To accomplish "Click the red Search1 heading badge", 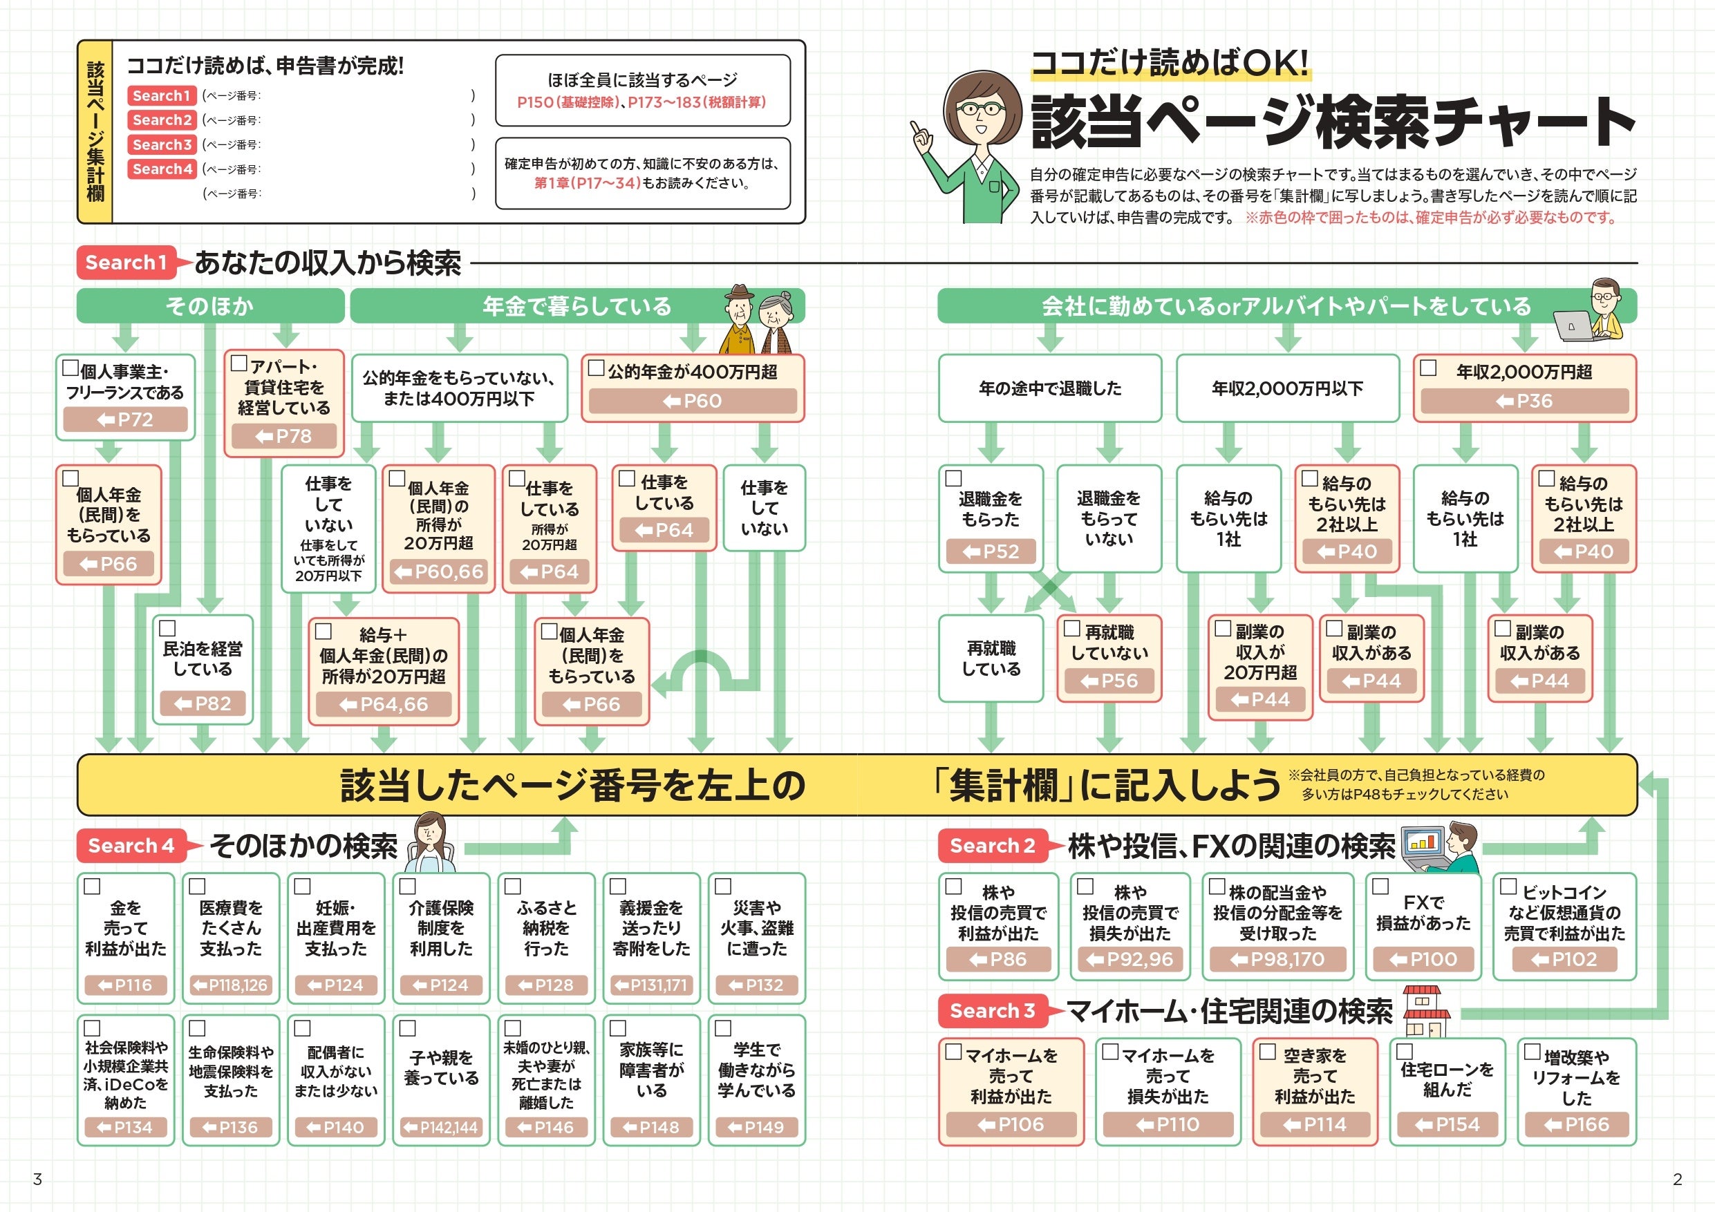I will coord(126,263).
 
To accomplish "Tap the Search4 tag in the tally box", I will coord(162,169).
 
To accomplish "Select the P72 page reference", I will coord(126,419).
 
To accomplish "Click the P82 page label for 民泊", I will coord(203,703).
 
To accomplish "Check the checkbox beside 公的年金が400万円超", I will coord(596,368).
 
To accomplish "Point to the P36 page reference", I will coord(1524,401).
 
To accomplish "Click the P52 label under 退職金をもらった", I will coord(991,552).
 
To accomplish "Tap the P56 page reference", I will coord(1109,681).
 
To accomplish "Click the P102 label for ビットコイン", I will coord(1564,960).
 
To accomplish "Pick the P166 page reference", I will coord(1577,1125).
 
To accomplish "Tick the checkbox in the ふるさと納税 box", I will coord(512,887).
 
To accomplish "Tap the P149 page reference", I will coord(756,1128).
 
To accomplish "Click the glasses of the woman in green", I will coord(982,110).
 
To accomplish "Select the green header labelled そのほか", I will coord(210,306).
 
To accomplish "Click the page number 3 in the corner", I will coord(37,1180).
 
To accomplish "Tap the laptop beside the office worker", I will coord(1573,325).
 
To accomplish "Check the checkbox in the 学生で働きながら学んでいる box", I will coord(722,1028).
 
